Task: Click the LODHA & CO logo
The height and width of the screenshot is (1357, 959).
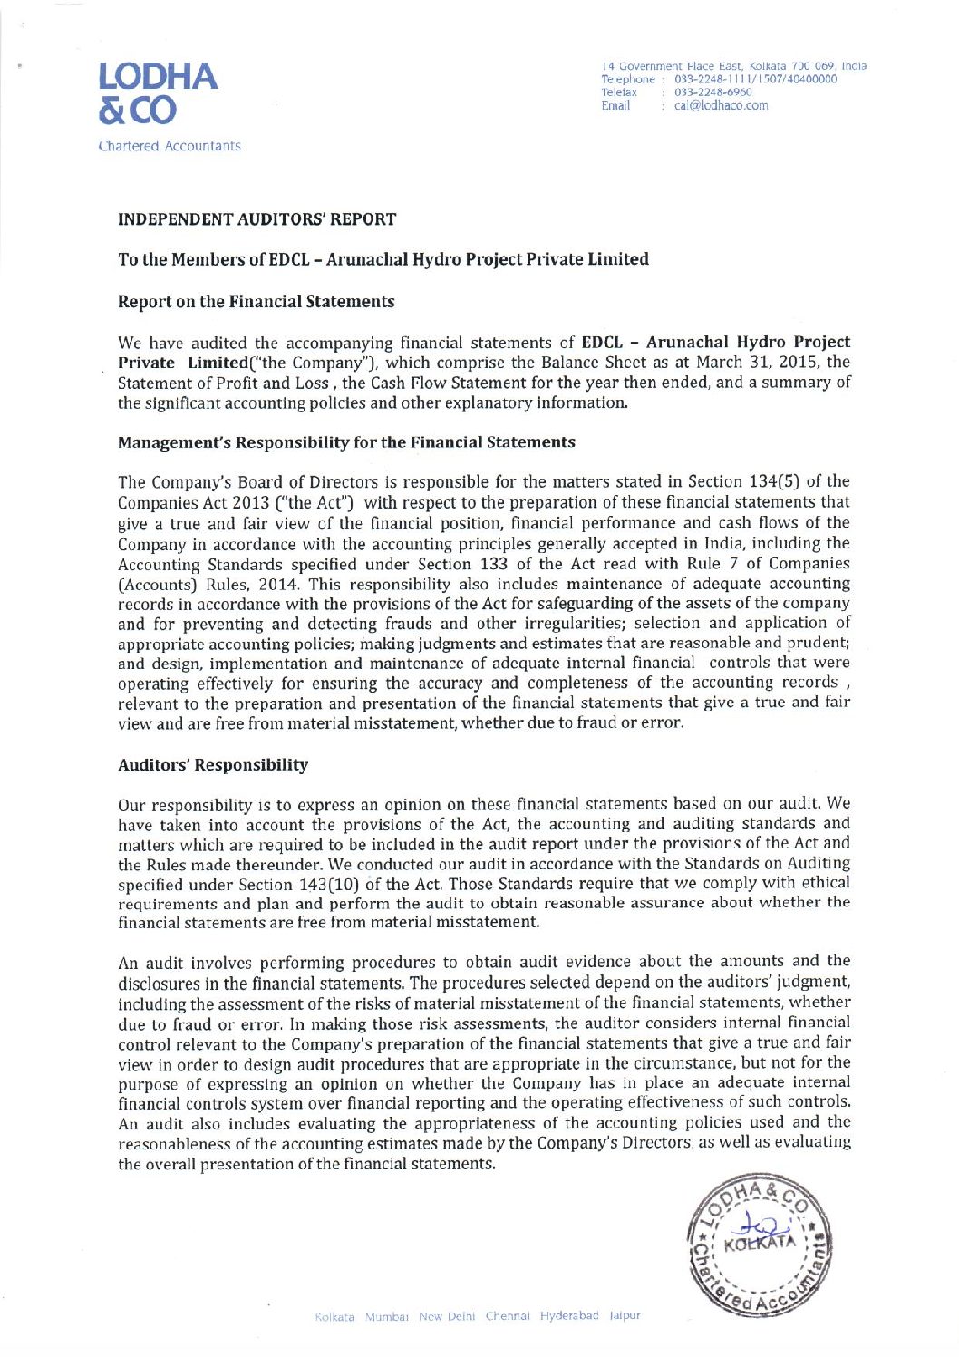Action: point(159,92)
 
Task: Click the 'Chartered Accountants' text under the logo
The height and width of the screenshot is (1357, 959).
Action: point(170,146)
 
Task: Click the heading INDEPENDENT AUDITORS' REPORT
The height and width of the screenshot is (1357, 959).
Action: point(257,219)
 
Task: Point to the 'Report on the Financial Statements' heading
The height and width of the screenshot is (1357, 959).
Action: point(256,302)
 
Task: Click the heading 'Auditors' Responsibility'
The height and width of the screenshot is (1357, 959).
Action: point(213,765)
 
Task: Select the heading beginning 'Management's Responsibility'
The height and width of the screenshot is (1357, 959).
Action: point(346,442)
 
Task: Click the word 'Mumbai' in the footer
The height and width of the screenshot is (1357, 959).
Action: point(388,1315)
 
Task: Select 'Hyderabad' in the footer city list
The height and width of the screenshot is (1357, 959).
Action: point(569,1315)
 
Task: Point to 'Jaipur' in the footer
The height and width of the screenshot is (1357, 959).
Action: point(625,1315)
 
